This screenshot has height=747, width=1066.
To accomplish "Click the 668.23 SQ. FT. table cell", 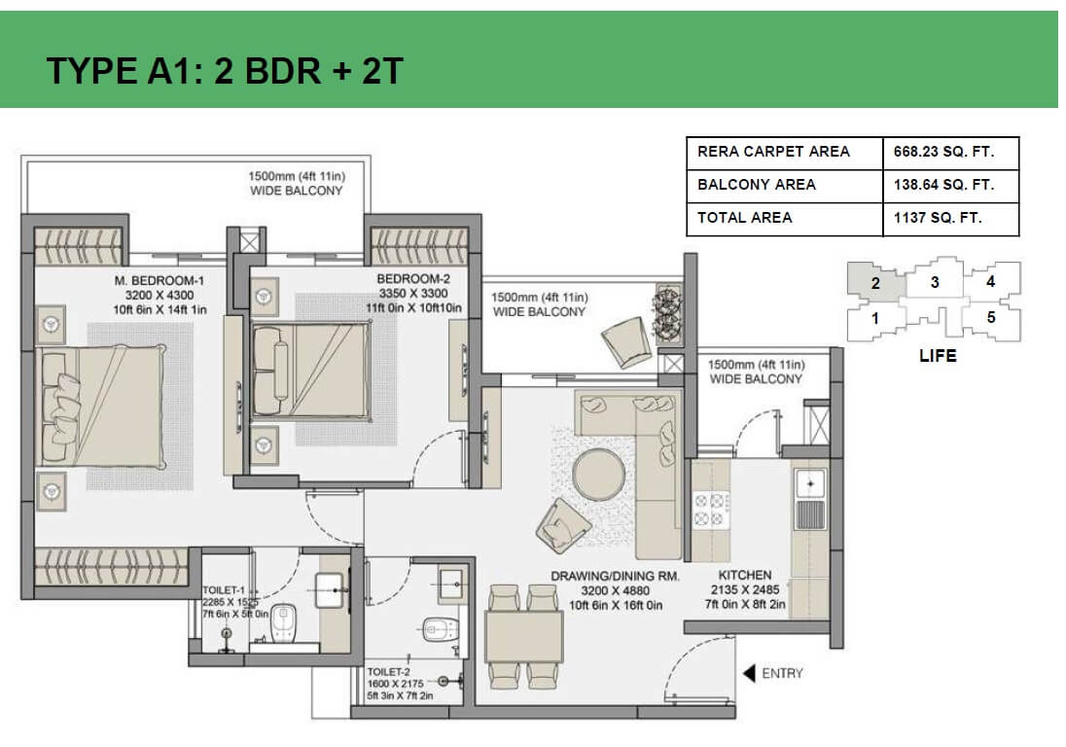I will [x=938, y=152].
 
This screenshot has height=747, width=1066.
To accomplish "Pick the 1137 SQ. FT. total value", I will [x=938, y=218].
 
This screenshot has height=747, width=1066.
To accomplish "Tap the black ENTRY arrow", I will [x=750, y=673].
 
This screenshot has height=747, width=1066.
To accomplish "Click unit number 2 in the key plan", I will [x=875, y=284].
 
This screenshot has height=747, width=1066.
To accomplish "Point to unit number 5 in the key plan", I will [x=990, y=317].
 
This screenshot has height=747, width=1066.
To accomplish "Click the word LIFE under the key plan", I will [x=938, y=356].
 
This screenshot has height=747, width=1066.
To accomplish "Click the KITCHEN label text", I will [x=745, y=576].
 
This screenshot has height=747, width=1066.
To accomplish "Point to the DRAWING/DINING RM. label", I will [x=615, y=577].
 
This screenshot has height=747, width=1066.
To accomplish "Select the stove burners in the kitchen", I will [x=710, y=510].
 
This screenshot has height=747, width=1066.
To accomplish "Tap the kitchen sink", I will [x=809, y=480].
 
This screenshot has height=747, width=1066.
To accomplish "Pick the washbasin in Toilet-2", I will [x=452, y=586].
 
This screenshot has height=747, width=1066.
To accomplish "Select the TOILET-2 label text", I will [x=389, y=672].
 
